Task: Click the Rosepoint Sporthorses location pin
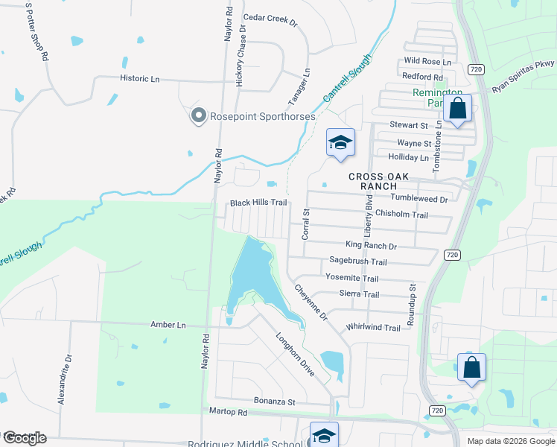pos(198,115)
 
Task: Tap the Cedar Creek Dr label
pos(270,19)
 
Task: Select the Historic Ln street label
pos(140,77)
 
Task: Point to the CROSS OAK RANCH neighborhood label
pos(380,181)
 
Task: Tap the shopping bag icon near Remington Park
pos(457,109)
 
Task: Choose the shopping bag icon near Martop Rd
pos(471,367)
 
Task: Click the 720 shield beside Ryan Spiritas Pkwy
pos(477,69)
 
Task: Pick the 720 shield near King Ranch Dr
pos(451,255)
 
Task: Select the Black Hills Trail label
pos(258,203)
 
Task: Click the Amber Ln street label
pos(168,325)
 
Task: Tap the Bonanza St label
pos(275,402)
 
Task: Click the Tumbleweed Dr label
pos(419,199)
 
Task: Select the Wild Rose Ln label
pos(427,61)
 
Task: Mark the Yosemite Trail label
pos(352,278)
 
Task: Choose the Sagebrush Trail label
pos(358,261)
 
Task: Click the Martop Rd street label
pos(227,411)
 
